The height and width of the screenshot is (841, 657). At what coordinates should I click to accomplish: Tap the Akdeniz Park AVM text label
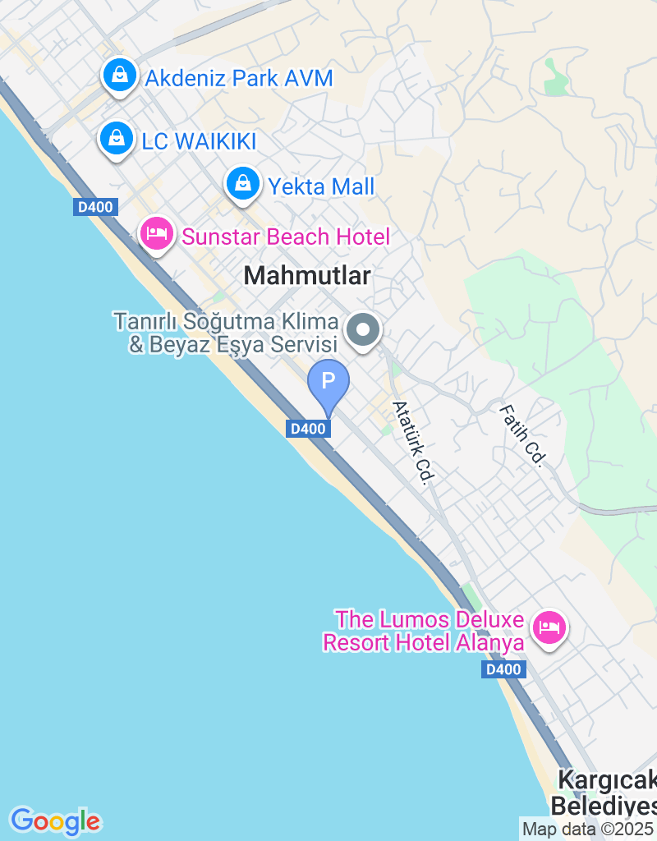[239, 79]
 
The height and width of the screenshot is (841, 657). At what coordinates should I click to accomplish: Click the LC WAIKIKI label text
[199, 141]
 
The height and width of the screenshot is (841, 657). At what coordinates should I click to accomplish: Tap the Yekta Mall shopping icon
[243, 184]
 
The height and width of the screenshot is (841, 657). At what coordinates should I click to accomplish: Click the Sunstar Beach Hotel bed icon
[156, 235]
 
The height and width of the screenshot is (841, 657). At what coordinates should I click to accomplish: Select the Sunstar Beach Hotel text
[286, 237]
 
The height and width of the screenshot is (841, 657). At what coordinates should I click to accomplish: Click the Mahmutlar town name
[308, 277]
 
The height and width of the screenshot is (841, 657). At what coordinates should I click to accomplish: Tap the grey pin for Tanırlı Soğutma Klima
[363, 332]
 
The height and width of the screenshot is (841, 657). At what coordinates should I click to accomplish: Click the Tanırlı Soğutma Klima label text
[226, 332]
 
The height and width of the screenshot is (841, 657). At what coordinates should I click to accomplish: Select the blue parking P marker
[328, 383]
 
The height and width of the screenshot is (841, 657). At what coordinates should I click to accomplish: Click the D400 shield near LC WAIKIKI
[94, 207]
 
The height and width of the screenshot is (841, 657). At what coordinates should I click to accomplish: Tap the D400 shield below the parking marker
[310, 428]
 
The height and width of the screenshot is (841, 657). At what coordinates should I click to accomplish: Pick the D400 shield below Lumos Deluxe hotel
[503, 669]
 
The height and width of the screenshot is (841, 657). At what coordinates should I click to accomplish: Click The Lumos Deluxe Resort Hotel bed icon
[549, 629]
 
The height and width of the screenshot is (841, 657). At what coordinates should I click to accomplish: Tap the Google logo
[55, 820]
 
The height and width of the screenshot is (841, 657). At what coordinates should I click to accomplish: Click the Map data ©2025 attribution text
[588, 830]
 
